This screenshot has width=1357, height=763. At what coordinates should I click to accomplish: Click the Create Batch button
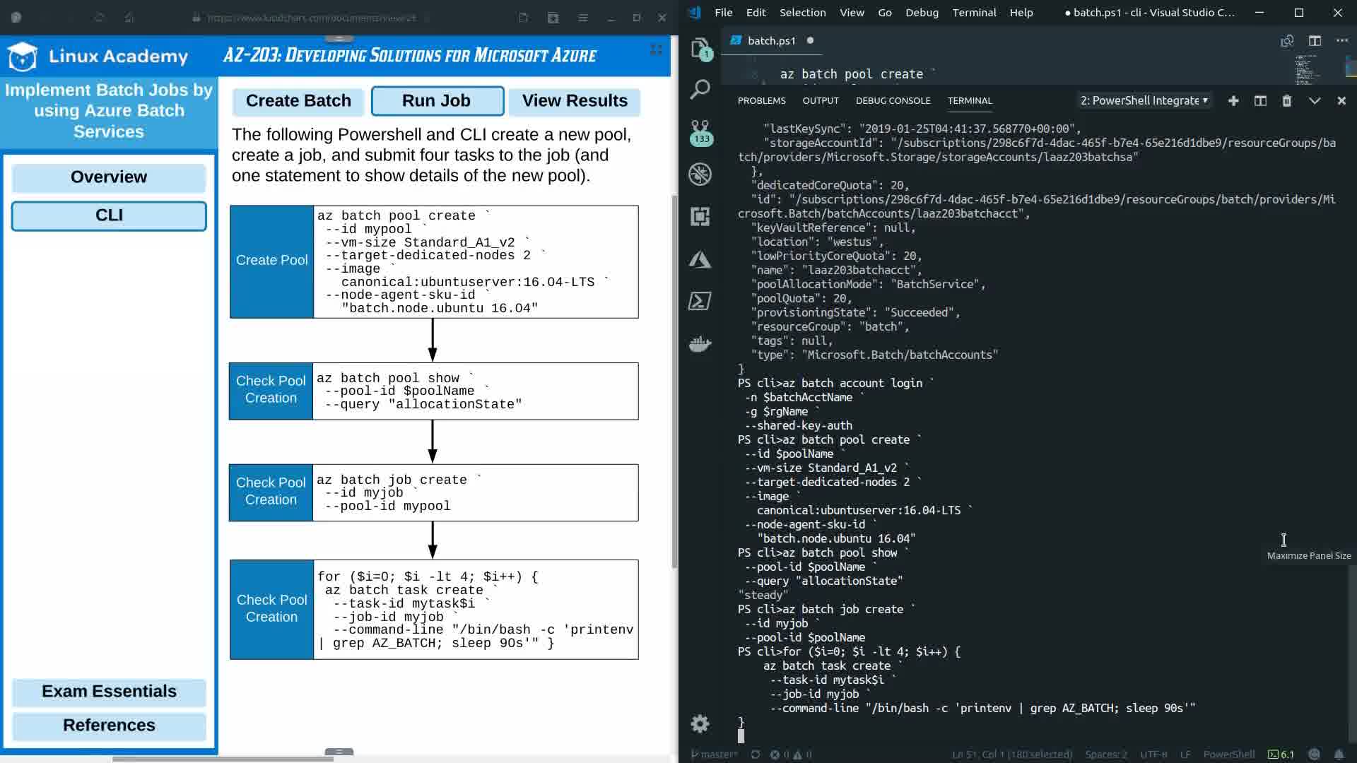coord(298,101)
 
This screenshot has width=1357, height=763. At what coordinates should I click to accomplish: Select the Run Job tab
coord(437,101)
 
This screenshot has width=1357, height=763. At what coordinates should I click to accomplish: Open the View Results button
coord(574,101)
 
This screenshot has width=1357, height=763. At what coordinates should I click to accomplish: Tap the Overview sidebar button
coord(109,177)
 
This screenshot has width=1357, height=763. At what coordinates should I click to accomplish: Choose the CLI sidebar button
coord(109,215)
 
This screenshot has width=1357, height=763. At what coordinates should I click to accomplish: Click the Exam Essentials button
coord(109,692)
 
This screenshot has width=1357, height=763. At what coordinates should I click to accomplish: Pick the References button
coord(109,726)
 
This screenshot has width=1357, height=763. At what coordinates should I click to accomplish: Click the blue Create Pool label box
coord(271,261)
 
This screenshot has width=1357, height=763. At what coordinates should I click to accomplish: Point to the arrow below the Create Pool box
coord(433,340)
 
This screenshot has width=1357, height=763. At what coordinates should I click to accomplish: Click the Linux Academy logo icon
coord(23,57)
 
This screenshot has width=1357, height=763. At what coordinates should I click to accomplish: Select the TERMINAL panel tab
coord(970,101)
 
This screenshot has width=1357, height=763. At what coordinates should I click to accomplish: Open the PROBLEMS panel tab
coord(761,101)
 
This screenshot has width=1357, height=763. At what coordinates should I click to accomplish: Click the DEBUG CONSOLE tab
coord(893,101)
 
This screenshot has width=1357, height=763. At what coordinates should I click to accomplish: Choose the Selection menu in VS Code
coord(802,13)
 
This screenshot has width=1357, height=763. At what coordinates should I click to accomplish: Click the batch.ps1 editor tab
coord(771,41)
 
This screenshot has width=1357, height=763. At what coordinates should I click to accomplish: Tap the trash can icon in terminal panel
coord(1287,101)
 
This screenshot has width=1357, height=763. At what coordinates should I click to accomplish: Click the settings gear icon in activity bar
coord(700,723)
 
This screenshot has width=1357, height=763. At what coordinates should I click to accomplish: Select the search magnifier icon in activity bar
coord(700,90)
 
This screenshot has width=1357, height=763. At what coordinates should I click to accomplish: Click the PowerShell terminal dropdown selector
coord(1144,101)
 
